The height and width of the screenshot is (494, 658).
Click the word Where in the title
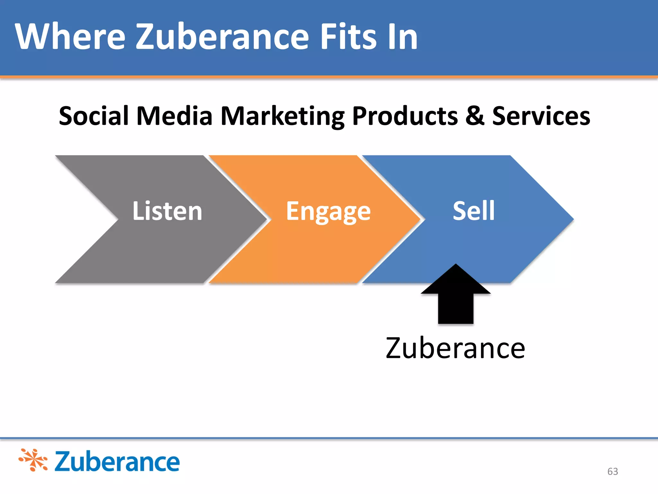70,37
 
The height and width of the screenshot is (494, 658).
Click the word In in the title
403,37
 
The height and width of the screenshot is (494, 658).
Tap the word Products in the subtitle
405,116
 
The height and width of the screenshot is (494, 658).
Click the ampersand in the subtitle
475,116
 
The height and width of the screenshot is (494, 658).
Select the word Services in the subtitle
541,116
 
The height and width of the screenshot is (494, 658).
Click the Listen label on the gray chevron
167,211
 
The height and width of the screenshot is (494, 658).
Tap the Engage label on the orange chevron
328,212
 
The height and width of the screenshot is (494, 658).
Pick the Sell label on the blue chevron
474,211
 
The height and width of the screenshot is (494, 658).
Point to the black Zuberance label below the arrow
456,348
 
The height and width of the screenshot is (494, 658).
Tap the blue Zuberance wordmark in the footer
117,462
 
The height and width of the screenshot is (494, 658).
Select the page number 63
613,471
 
